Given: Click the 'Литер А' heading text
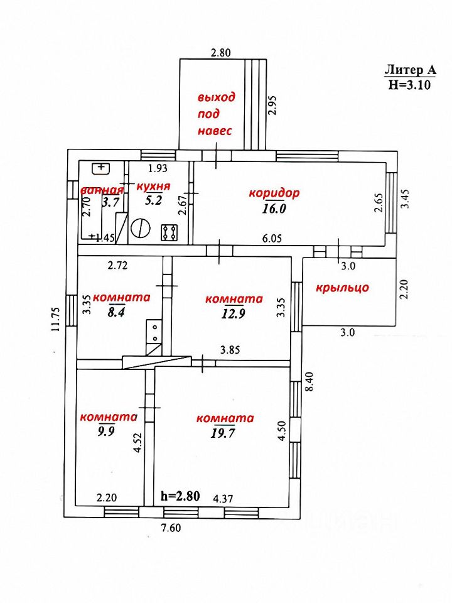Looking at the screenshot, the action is point(409,71).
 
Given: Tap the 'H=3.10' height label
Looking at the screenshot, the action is point(409,86).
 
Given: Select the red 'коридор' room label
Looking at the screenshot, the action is point(274,193).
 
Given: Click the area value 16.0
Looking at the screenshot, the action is point(274,209).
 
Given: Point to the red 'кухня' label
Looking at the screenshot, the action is point(153,187).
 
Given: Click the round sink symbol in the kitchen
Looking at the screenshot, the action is point(141,229).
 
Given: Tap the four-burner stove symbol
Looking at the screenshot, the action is point(169,232).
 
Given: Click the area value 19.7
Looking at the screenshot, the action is point(224,433).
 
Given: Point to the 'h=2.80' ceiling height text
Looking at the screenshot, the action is point(180,496).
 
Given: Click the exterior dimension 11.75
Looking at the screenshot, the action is point(56,318).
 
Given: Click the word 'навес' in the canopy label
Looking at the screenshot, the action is point(215,131).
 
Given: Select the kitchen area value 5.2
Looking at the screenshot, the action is point(153,201).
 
